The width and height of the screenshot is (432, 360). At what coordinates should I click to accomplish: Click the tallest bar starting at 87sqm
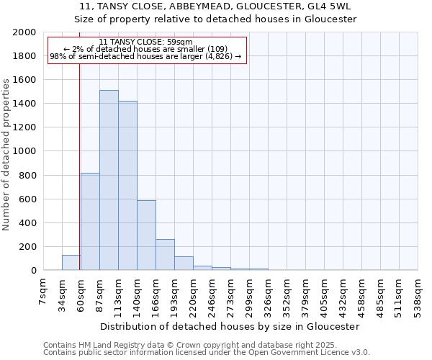point(109,180)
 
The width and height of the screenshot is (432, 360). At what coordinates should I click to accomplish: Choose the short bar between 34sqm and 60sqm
point(71,263)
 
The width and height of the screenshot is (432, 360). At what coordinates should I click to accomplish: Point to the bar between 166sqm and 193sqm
point(165,255)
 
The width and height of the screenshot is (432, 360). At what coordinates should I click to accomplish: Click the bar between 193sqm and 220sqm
point(184,264)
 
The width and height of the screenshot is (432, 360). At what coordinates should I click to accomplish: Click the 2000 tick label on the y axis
point(24,32)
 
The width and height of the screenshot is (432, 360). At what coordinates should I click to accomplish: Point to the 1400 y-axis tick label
point(24,104)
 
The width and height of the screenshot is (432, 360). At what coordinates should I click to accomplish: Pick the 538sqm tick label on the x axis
point(418,292)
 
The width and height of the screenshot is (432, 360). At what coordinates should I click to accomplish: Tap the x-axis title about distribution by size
point(230,326)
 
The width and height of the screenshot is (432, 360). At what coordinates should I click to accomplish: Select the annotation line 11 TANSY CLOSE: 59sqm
point(146,42)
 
